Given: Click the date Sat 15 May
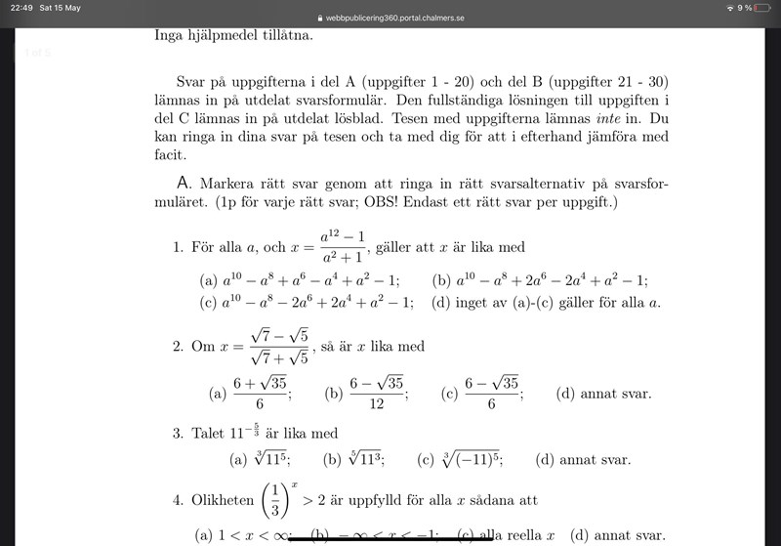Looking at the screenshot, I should coord(60,8).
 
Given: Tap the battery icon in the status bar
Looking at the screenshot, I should coord(762,8).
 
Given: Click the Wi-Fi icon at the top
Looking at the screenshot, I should coord(728,8).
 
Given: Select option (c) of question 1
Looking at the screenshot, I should coord(307,302).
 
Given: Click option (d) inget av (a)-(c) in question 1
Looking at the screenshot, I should coord(546,302).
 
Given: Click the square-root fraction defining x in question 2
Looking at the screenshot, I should coord(279,347).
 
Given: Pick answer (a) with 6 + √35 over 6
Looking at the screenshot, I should coord(259,394).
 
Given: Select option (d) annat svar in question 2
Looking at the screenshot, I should coord(603,395).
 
